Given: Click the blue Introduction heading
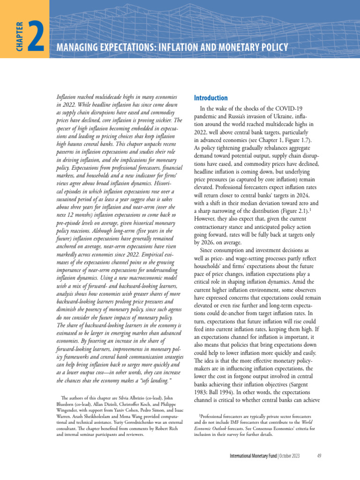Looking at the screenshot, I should (210, 98).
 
